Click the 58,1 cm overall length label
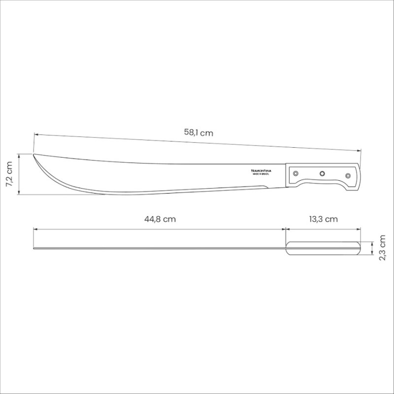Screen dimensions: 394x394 coord(199,132)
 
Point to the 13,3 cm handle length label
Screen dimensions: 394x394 coord(323,219)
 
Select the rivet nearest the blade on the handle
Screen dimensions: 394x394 coord(295,173)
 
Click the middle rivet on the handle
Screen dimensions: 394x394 coord(322,173)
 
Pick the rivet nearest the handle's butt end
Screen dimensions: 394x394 coord(348,175)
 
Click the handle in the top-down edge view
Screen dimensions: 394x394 coord(323,248)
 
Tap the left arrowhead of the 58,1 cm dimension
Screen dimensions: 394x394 coord(35,133)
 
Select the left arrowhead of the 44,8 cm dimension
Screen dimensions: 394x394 coord(35,229)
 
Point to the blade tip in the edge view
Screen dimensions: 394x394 coord(34,248)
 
